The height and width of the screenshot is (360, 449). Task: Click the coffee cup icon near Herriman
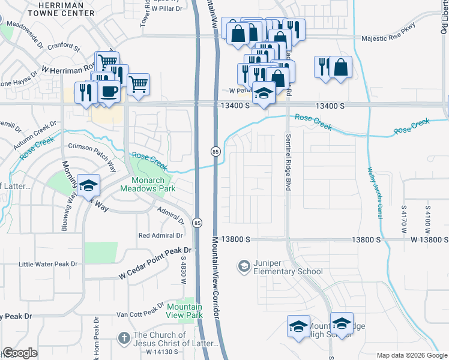point(109,92)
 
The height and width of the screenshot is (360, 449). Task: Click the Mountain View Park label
point(185,310)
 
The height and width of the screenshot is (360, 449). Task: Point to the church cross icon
point(124,338)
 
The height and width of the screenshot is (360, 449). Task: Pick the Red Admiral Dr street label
point(161,235)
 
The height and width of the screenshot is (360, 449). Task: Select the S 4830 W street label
point(184,271)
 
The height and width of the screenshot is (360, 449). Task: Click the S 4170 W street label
point(404,215)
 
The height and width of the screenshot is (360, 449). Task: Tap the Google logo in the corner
point(20,353)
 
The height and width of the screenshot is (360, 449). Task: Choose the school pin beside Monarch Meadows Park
point(88,186)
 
